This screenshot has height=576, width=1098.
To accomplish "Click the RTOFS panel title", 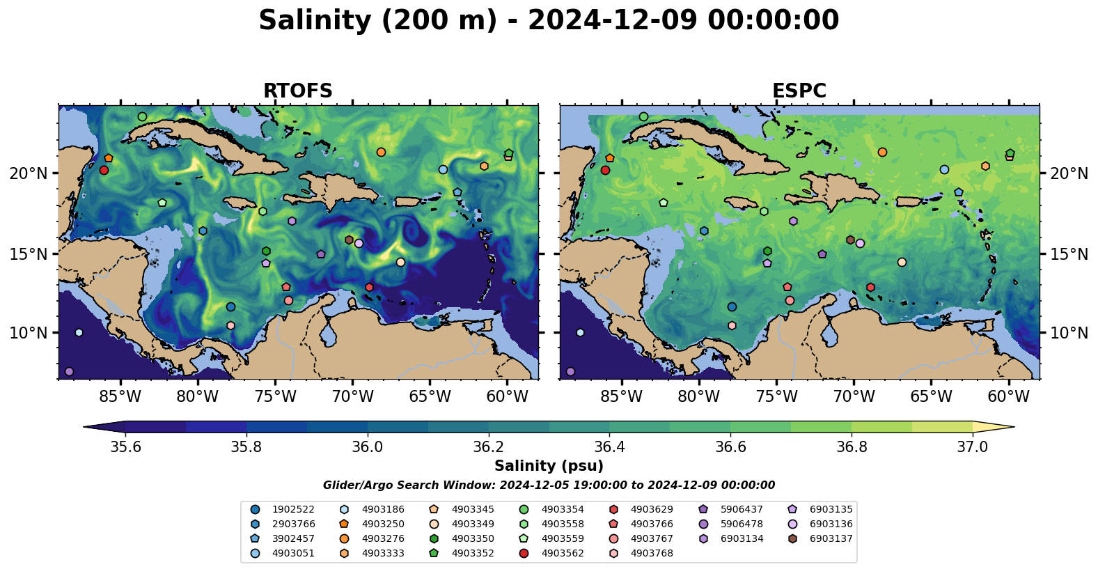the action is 298,91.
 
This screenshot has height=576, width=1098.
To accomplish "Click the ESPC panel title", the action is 799,91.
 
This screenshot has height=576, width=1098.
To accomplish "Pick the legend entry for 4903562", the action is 551,554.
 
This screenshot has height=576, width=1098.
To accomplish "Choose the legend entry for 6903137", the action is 819,539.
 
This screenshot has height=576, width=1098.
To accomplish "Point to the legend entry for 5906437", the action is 730,509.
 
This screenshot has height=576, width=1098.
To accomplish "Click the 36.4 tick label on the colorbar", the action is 609,447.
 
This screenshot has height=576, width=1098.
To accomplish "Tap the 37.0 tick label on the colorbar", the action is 973,447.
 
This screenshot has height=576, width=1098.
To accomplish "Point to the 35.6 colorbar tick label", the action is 125,447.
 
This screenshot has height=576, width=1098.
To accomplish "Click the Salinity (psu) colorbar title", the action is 549,466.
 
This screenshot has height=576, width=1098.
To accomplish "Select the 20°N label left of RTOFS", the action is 29,173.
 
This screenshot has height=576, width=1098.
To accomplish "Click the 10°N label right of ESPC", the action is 1069,333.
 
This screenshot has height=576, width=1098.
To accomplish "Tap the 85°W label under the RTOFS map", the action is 120,396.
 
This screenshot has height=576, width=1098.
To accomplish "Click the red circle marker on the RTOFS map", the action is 104,170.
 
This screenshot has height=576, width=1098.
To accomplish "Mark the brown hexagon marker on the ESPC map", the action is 850,240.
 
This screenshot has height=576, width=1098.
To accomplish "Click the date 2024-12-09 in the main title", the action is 612,21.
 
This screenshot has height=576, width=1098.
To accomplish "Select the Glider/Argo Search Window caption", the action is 549,485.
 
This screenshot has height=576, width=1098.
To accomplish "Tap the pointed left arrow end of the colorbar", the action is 84,427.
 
